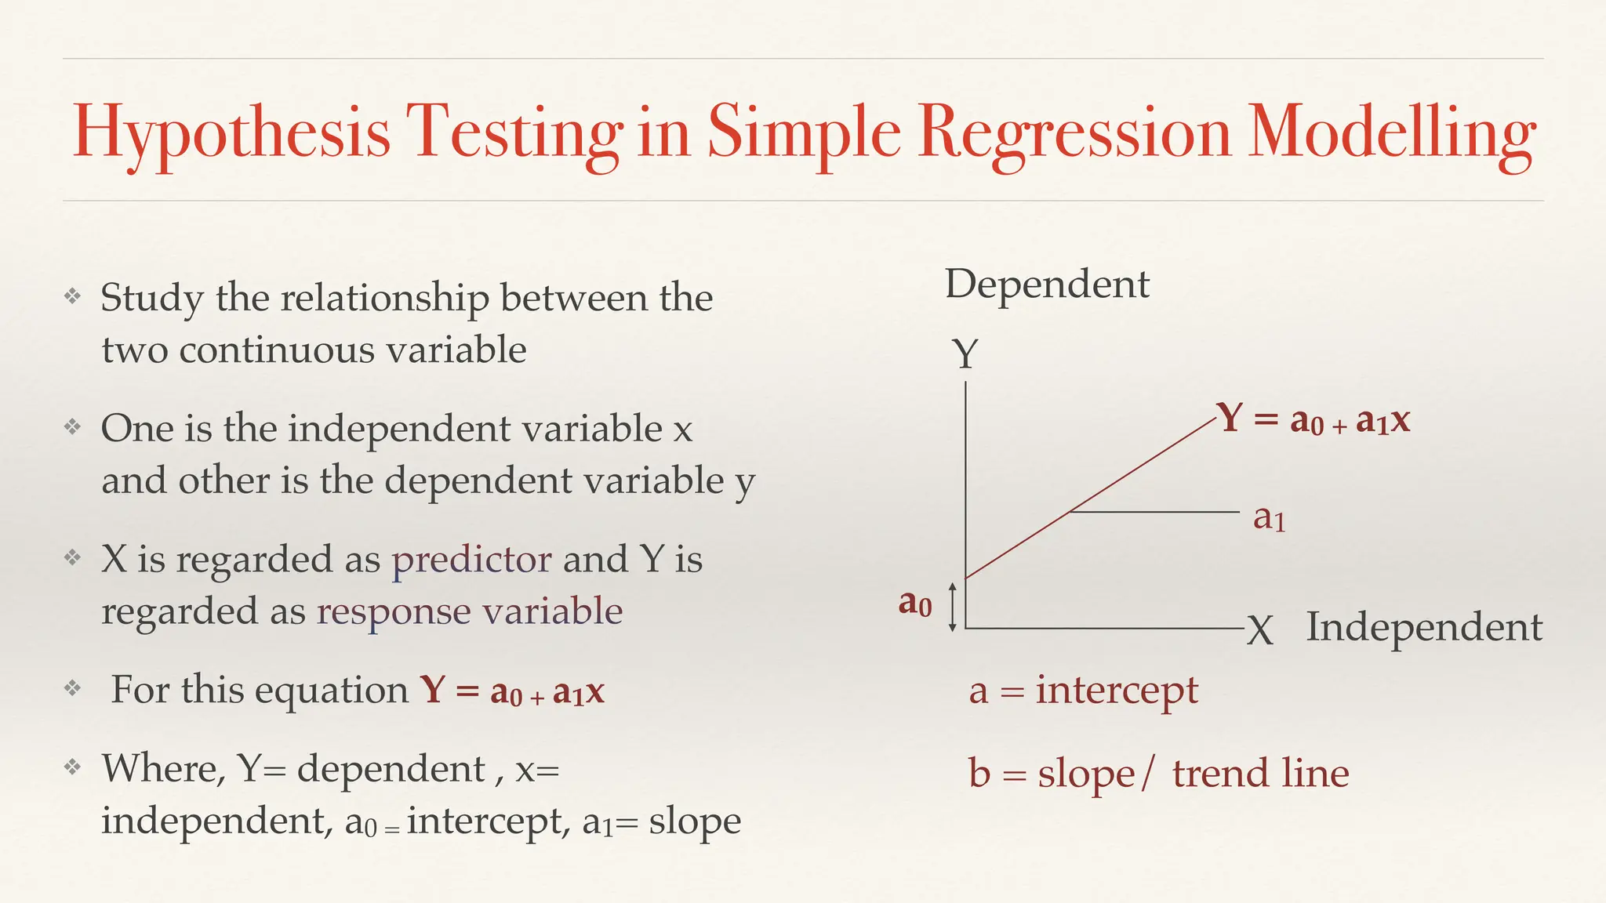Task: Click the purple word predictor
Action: point(471,560)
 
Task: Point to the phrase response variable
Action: point(469,611)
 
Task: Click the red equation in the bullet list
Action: point(511,691)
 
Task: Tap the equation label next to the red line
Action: point(1313,419)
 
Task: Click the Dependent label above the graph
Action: point(1047,284)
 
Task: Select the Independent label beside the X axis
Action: point(1424,627)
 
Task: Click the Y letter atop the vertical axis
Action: point(965,354)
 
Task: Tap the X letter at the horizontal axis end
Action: point(1259,629)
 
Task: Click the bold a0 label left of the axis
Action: point(915,604)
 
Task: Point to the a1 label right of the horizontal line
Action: point(1269,518)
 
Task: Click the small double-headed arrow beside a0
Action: point(952,607)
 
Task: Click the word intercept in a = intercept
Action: point(1117,691)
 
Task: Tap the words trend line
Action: point(1260,774)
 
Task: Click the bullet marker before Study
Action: point(72,296)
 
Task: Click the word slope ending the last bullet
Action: point(694,821)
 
